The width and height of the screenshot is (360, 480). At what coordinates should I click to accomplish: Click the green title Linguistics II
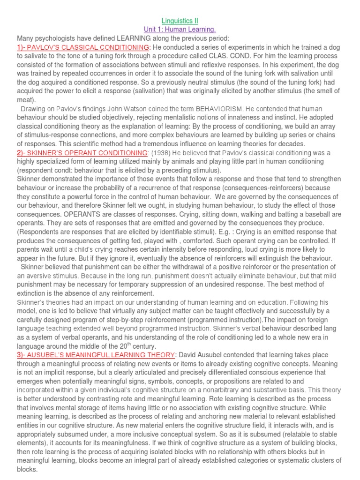pos(180,21)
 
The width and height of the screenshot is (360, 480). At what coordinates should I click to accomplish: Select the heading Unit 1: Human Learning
pos(180,29)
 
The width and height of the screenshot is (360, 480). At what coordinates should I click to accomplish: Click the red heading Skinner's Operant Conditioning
pos(82,153)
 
